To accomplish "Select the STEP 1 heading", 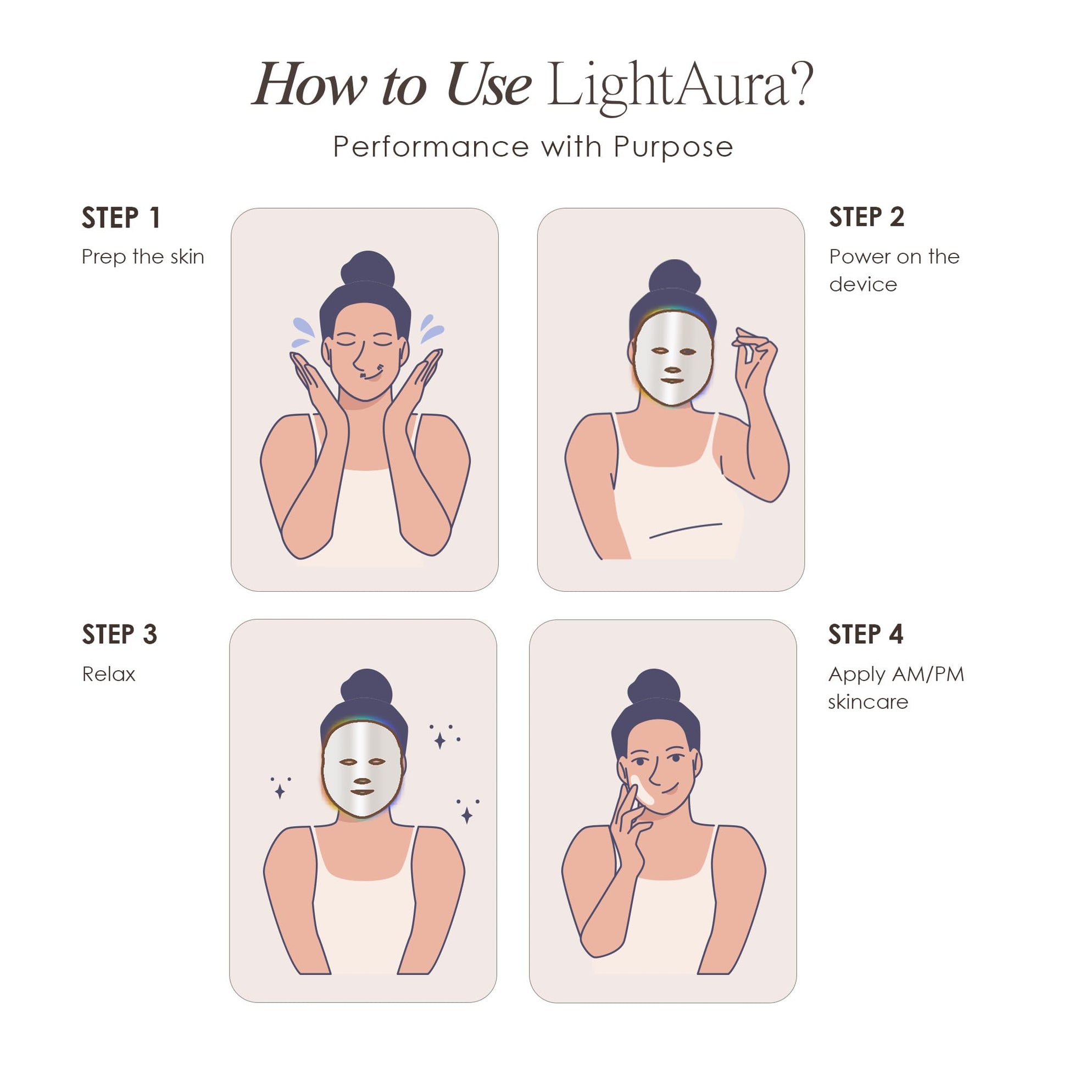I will (121, 218).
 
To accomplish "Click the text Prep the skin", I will (143, 257).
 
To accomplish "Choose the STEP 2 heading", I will (866, 217).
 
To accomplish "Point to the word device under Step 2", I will (862, 285).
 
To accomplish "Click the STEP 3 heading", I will (120, 634).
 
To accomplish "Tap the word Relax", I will (108, 675).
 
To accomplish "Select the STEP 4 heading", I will (865, 634).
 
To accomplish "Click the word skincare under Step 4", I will (867, 703).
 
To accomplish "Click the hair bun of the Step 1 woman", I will (368, 270).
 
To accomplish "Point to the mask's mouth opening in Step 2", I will (672, 381).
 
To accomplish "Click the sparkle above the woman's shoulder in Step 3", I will (440, 740).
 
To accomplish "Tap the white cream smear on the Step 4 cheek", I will (642, 790).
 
